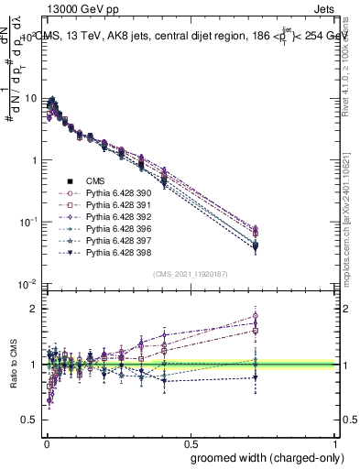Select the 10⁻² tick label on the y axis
click(x=27, y=285)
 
